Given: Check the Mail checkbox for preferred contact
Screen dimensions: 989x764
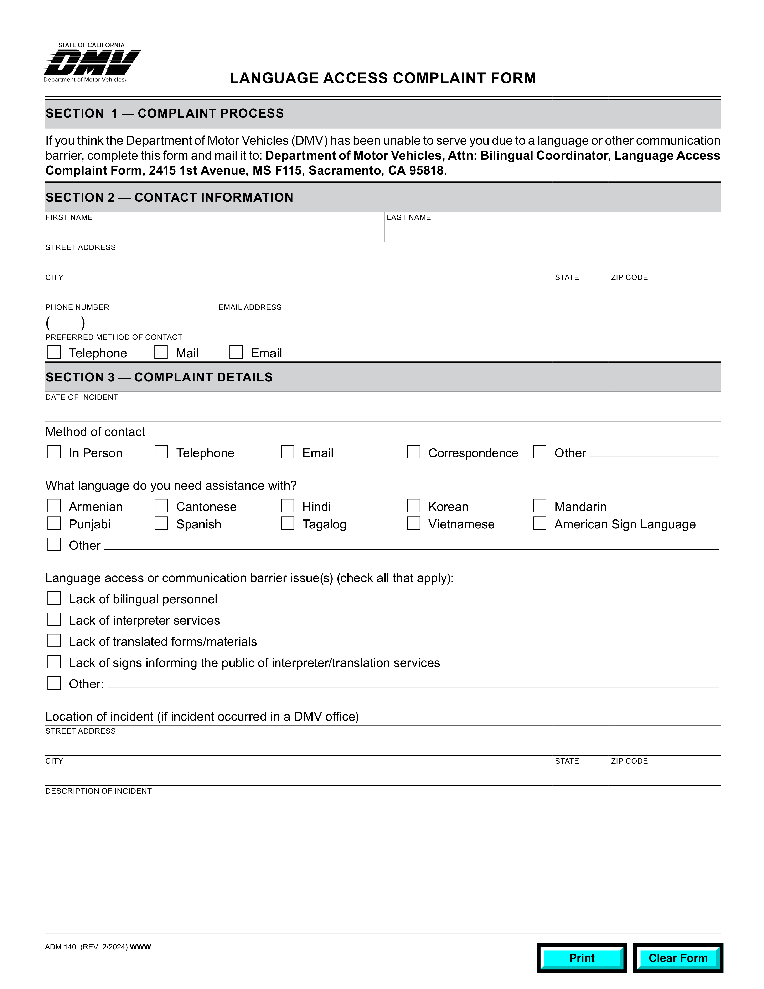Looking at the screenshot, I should click(161, 352).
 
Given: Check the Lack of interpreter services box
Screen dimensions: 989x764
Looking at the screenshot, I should click(54, 620).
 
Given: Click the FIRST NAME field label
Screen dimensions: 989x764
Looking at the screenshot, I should click(69, 218).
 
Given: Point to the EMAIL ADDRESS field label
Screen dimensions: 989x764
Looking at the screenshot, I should click(250, 307).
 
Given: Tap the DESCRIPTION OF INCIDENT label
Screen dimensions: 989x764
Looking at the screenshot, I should click(98, 791).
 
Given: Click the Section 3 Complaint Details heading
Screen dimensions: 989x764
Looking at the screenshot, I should click(159, 377).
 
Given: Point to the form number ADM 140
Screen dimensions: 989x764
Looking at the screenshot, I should click(61, 947).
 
